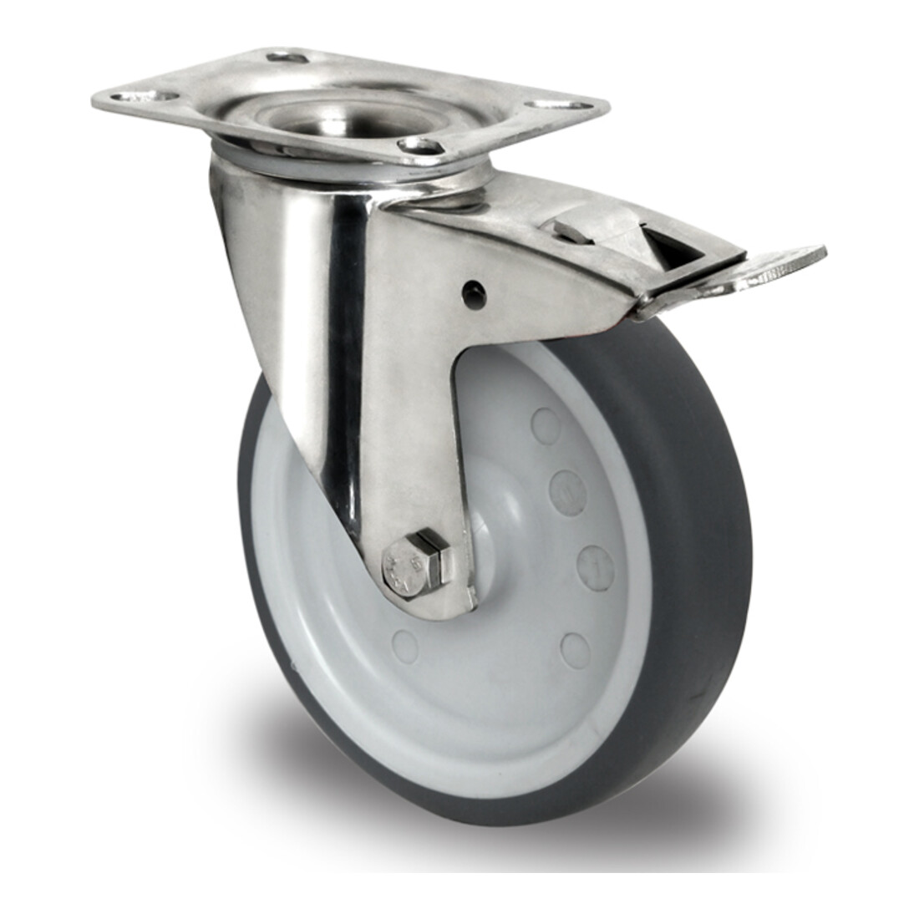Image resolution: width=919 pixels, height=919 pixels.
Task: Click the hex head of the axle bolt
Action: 399,568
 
